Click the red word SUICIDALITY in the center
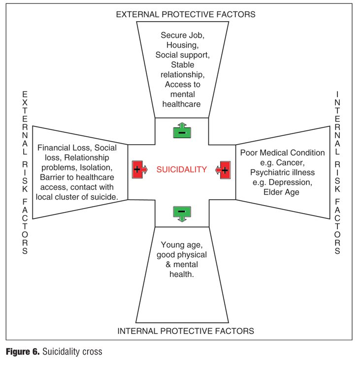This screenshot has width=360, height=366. coord(182,170)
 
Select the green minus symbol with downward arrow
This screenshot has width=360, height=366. coord(181,212)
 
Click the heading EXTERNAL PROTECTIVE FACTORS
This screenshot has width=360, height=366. coord(186,14)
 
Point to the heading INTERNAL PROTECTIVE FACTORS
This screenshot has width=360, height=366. coord(186,331)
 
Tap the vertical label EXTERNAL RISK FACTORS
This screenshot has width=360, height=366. coord(25,172)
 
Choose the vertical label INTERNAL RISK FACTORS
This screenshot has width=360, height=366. coord(337,172)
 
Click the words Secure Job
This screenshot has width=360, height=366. coord(182,35)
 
